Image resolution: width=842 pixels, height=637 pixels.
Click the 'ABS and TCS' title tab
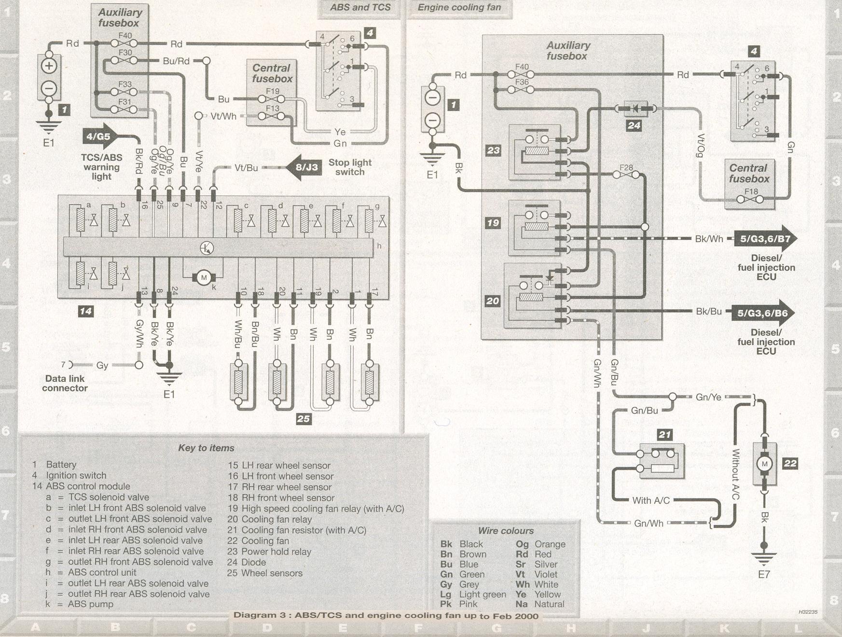pyautogui.click(x=360, y=8)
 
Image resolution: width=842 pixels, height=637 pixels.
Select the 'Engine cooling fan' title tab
pyautogui.click(x=459, y=8)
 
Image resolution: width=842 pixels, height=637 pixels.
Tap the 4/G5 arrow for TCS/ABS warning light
pyautogui.click(x=99, y=137)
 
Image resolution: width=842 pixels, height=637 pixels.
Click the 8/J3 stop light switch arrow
pyautogui.click(x=305, y=167)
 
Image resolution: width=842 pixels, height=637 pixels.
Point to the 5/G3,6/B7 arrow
pyautogui.click(x=764, y=238)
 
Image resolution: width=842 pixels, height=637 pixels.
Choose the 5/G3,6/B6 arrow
pyautogui.click(x=762, y=313)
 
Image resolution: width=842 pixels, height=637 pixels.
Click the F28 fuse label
pyautogui.click(x=626, y=167)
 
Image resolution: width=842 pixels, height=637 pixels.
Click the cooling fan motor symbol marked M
pyautogui.click(x=764, y=464)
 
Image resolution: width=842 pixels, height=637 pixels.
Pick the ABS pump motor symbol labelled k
pyautogui.click(x=204, y=277)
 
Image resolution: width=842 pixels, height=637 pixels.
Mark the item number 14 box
pyautogui.click(x=85, y=311)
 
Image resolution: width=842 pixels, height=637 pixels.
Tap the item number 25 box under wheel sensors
pyautogui.click(x=303, y=419)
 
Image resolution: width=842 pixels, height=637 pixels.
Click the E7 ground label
pyautogui.click(x=763, y=574)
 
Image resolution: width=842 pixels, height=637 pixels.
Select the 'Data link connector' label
pyautogui.click(x=65, y=383)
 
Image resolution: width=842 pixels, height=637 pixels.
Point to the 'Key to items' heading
pyautogui.click(x=206, y=448)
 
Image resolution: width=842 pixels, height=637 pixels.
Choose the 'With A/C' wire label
pyautogui.click(x=650, y=500)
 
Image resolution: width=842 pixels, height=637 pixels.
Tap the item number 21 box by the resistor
pyautogui.click(x=664, y=434)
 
